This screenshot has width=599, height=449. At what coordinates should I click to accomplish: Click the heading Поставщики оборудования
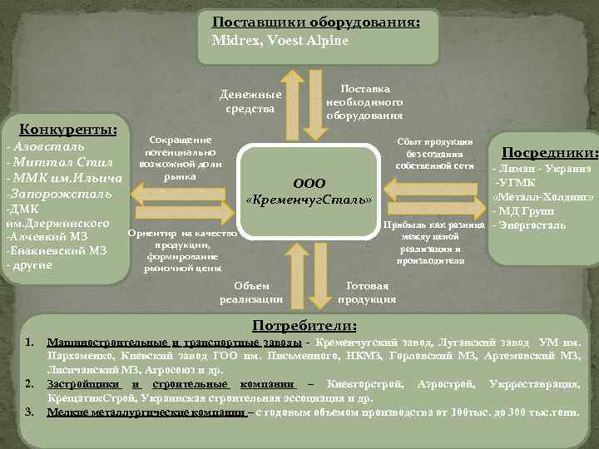(x=315, y=22)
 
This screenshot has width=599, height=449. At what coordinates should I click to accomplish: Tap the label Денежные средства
(x=250, y=101)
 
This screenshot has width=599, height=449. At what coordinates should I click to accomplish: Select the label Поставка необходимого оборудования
(x=364, y=101)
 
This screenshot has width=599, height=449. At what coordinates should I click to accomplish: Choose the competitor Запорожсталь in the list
(x=57, y=193)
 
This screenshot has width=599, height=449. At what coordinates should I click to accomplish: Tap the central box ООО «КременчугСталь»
(x=309, y=192)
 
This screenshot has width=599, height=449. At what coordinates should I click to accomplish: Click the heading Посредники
(x=550, y=152)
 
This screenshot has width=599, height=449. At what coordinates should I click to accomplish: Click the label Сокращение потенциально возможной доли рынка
(x=180, y=159)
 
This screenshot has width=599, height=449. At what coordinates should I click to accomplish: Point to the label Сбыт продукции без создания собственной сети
(x=439, y=154)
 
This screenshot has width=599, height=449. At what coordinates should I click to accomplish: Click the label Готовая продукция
(x=367, y=292)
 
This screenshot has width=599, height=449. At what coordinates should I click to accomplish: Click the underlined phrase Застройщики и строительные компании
(x=171, y=385)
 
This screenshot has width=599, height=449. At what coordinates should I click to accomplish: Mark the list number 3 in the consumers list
(x=29, y=412)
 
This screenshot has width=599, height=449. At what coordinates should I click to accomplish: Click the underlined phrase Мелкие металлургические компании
(x=146, y=412)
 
